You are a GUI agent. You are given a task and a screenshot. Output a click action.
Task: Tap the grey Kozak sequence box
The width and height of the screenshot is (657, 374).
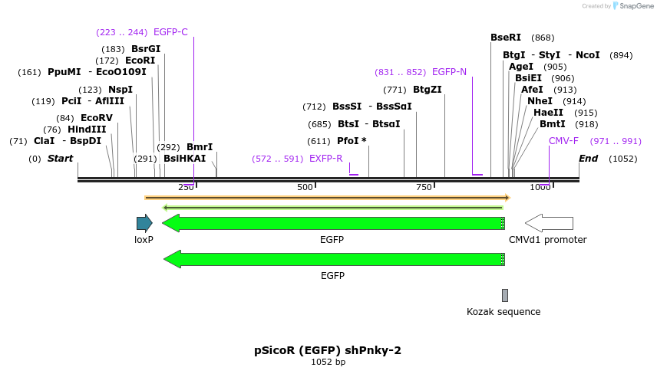click(504, 295)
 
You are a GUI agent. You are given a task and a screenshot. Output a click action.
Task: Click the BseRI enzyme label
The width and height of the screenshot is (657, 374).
click(506, 38)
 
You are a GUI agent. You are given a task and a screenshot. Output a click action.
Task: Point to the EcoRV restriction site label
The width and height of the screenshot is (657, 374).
click(96, 118)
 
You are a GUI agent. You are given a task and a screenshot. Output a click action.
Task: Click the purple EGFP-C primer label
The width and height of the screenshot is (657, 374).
click(170, 32)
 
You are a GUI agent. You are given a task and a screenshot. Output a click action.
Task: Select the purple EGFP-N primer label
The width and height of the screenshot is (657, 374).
click(449, 72)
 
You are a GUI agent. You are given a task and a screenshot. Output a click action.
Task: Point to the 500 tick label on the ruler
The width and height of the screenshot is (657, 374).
click(305, 188)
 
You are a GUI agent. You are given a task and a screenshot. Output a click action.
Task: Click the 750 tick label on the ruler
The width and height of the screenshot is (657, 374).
click(424, 188)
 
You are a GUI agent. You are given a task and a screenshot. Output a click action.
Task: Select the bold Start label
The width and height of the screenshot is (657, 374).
click(60, 159)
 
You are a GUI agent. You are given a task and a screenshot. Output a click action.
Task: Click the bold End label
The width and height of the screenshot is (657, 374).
click(588, 159)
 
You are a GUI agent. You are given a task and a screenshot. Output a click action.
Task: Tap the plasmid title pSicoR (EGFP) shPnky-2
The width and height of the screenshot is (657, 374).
click(328, 350)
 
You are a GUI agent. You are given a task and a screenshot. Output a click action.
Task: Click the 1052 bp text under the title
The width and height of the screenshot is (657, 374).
click(328, 363)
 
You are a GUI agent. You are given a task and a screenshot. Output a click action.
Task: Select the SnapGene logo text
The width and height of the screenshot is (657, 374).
click(634, 6)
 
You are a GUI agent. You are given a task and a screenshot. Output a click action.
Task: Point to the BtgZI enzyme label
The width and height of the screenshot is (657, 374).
click(427, 90)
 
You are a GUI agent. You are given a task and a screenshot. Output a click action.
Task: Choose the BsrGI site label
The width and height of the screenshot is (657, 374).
click(146, 49)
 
